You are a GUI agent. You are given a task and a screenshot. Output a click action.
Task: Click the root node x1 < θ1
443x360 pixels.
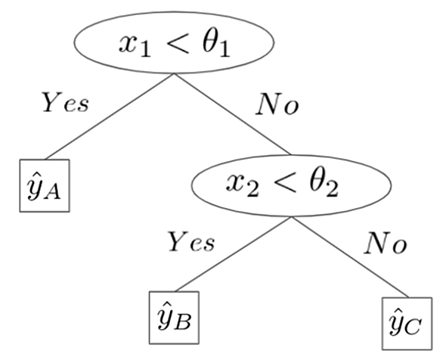[x=174, y=42]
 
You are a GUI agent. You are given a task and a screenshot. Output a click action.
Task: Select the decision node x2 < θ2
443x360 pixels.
[x=292, y=185]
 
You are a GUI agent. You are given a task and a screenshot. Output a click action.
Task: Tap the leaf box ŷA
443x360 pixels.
[x=45, y=185]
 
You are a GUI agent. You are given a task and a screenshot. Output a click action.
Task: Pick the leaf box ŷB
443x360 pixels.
[x=174, y=318]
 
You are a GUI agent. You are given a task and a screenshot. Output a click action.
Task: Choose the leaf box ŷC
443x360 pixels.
[x=407, y=324]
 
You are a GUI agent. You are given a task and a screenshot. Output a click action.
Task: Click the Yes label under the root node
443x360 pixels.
[x=66, y=102]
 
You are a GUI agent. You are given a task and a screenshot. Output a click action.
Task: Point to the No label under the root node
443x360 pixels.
[x=277, y=104]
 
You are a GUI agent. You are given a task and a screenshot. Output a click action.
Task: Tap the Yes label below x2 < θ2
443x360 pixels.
[x=191, y=241]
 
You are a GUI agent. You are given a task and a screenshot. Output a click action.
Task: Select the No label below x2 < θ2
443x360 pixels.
[x=386, y=243]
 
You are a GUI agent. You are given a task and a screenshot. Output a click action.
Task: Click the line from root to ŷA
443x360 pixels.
[x=110, y=116]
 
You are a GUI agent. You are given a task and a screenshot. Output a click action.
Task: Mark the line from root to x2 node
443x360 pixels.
[x=232, y=114]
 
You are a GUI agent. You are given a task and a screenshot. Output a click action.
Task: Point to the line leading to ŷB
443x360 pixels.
[x=234, y=254]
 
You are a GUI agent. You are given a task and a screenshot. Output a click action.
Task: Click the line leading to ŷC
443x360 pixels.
[x=350, y=257]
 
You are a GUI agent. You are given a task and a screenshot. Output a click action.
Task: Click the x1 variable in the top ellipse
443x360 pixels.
[x=135, y=46]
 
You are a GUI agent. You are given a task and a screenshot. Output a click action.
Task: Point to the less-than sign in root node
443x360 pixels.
[x=177, y=43]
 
